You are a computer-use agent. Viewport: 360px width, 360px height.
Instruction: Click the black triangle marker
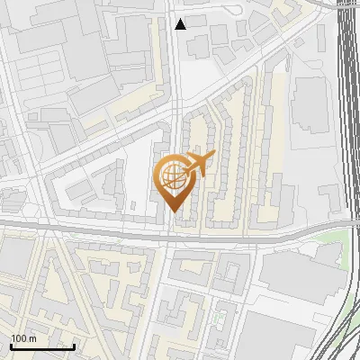coord(181,24)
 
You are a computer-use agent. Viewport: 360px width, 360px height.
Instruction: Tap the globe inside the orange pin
coord(173,175)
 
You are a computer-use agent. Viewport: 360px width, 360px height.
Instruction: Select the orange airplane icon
coord(199,164)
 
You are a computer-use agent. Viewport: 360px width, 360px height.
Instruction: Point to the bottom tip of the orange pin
coord(173,211)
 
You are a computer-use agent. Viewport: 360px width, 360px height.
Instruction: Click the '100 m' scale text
coord(23,337)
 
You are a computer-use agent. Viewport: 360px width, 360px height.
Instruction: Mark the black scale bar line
coord(42,346)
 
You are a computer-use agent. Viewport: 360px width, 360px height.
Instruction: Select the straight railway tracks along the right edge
coord(347,108)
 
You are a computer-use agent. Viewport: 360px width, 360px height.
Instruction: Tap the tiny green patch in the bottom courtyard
coord(217,318)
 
